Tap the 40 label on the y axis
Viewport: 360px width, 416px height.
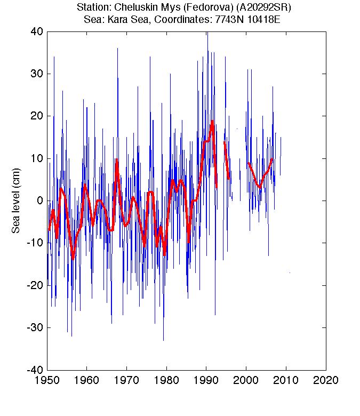coord(37,31)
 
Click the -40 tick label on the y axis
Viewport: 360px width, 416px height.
coord(35,370)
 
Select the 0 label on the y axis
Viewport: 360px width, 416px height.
coord(39,201)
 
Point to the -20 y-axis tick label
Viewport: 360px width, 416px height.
coord(35,285)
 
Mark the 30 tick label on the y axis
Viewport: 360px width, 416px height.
coord(37,74)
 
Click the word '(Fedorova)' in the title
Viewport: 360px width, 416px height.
coord(196,8)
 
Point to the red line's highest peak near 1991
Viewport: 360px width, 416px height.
coord(212,122)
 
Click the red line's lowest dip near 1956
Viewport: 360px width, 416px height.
coord(73,259)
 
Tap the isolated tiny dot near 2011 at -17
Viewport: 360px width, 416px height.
coord(290,273)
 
